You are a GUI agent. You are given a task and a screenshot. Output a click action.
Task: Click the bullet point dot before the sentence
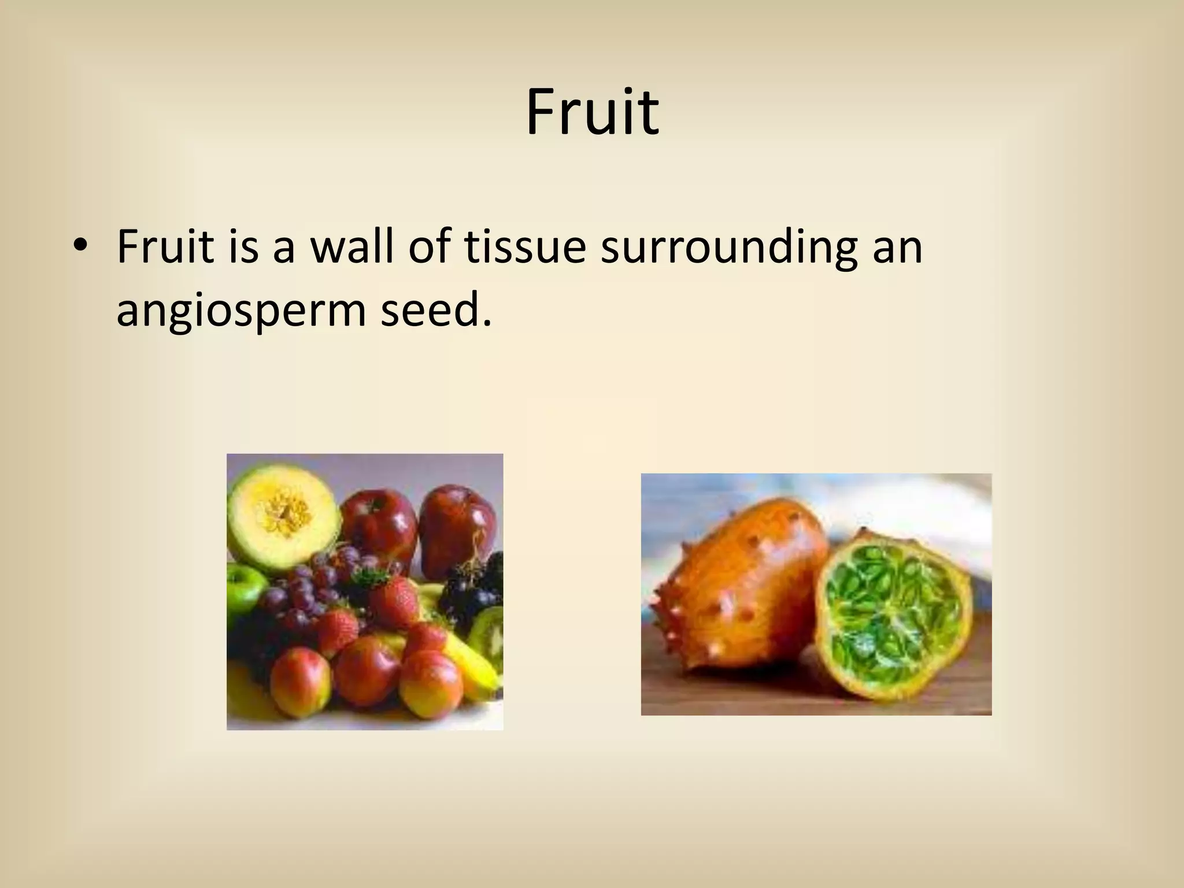point(79,247)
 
